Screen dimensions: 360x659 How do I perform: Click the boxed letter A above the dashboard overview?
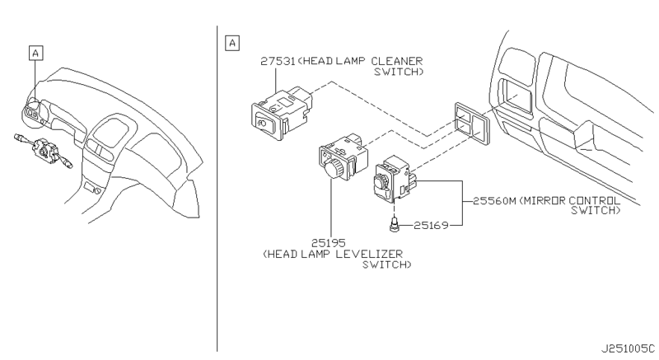(35, 53)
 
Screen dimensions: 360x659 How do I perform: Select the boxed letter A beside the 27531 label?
(231, 42)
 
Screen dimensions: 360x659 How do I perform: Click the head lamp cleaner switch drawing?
(278, 112)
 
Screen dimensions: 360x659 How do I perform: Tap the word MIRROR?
(544, 200)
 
